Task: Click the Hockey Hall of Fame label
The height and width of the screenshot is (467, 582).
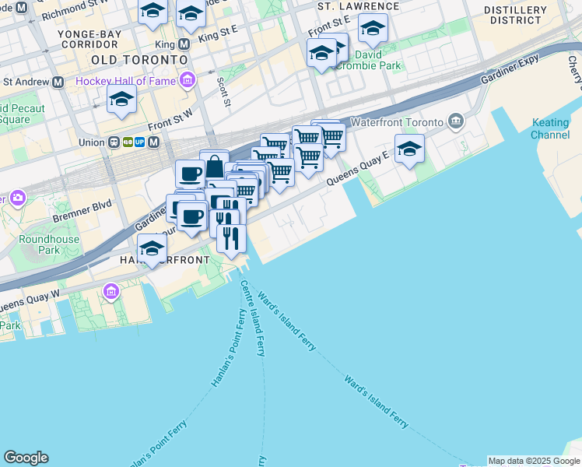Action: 126,80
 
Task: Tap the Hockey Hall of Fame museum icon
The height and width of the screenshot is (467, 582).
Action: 187,80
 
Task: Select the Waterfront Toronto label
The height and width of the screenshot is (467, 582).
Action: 397,122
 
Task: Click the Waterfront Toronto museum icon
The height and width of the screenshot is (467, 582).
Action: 455,122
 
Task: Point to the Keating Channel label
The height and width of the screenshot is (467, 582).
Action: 550,128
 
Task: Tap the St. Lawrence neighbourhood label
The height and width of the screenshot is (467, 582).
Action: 359,6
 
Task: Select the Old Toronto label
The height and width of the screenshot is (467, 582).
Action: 139,59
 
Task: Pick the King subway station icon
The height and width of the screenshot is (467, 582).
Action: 184,44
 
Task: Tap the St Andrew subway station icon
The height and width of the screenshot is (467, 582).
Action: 58,81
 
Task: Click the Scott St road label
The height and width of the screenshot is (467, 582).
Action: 225,92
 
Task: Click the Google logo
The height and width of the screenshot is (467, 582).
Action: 26,458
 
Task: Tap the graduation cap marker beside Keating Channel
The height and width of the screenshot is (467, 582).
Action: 409,149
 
